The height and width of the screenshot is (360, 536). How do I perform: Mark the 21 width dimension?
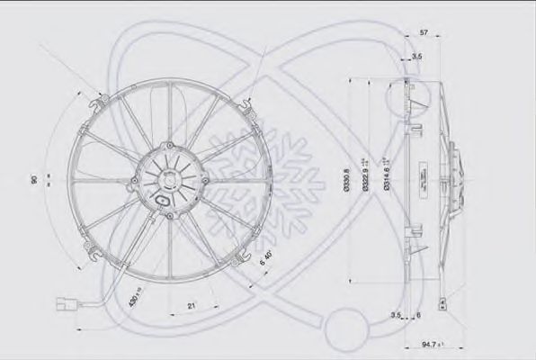(192, 307)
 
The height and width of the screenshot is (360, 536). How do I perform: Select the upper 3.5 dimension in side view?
(415, 57)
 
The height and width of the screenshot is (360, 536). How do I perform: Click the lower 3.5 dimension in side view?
(396, 316)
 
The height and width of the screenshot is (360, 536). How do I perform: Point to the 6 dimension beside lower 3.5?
(419, 316)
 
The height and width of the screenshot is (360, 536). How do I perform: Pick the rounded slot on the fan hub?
(163, 200)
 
